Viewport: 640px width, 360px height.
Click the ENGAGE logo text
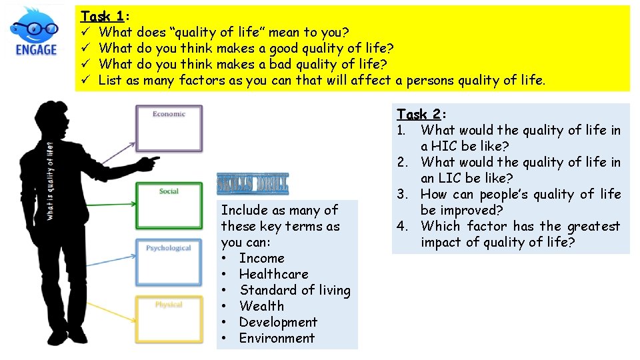pos(36,49)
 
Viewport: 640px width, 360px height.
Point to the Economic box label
pos(169,114)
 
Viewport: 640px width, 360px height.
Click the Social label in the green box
pos(169,191)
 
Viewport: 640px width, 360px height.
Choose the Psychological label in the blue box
pos(169,248)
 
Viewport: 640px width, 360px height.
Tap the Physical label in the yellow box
pos(169,305)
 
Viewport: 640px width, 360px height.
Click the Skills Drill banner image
pos(253,184)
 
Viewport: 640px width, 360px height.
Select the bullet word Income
pos(261,258)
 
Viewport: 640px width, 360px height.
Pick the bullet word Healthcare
pos(273,274)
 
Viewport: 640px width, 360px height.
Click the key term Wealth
pos(261,306)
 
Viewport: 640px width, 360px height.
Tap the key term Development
pos(278,322)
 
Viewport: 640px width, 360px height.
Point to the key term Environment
pos(277,338)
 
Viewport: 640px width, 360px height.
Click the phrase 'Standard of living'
pos(295,290)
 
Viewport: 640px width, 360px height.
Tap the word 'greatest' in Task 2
pos(593,226)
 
